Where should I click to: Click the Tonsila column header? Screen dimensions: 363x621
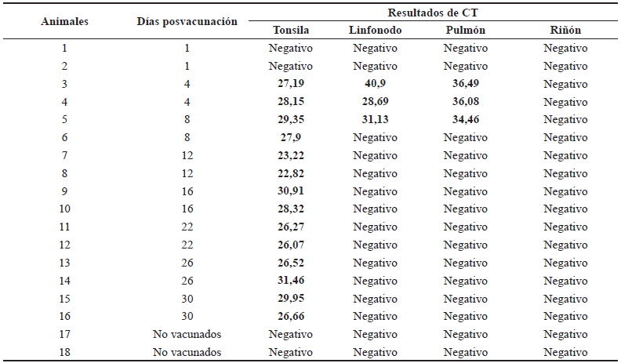pos(291,31)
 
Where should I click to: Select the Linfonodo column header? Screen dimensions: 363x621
pos(375,31)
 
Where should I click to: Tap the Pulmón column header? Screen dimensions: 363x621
pos(466,31)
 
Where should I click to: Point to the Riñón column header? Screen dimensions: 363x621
pos(565,31)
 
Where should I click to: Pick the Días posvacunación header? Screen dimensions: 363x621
pos(187,22)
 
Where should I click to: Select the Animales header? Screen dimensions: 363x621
pos(64,22)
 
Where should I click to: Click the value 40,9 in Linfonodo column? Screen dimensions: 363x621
pos(375,84)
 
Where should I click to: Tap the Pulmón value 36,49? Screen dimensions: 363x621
pos(466,84)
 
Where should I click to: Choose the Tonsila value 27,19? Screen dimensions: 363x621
pos(291,84)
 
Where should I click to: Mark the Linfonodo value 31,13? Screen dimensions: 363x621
pos(375,120)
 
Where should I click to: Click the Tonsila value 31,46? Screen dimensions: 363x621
pos(291,281)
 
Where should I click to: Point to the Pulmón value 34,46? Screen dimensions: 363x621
pos(466,120)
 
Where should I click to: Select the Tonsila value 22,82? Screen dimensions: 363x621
pos(291,173)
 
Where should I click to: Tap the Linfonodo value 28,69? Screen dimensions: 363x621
pos(375,102)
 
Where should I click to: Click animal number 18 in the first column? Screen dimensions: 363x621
pos(64,352)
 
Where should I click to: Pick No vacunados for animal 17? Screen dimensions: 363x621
pos(187,334)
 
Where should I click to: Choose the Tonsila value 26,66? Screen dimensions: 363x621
pos(291,316)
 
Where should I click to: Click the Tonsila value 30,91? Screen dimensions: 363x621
pos(291,191)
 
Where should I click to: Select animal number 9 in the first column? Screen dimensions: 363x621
pos(64,191)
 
